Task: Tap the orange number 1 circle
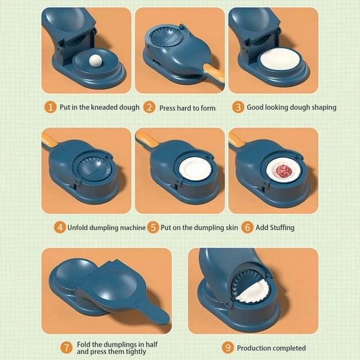50,107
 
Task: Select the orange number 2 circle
149,107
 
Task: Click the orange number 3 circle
238,107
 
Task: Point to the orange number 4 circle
59,227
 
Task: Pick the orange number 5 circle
154,227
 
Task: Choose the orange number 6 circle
247,227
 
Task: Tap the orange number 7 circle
67,347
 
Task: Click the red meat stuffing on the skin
284,172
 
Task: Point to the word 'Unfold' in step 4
81,228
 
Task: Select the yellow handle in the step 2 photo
214,73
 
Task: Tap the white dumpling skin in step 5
195,169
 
